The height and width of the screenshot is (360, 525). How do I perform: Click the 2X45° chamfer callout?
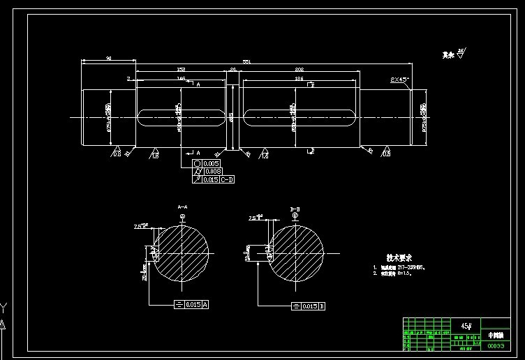pyautogui.click(x=399, y=80)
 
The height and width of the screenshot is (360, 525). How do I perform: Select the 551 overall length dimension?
pyautogui.click(x=246, y=62)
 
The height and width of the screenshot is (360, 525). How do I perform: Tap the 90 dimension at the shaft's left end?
pyautogui.click(x=109, y=59)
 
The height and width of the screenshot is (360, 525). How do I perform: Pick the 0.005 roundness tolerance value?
pyautogui.click(x=212, y=163)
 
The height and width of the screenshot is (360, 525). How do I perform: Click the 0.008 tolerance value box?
pyautogui.click(x=212, y=171)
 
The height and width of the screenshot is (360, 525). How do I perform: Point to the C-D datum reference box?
pyautogui.click(x=228, y=179)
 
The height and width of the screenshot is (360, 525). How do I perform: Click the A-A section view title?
pyautogui.click(x=182, y=207)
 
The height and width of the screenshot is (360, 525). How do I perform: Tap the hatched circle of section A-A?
pyautogui.click(x=181, y=253)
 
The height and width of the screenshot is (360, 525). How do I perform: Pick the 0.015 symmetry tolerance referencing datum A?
pyautogui.click(x=195, y=305)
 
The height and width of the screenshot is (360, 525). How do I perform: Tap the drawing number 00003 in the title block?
pyautogui.click(x=495, y=345)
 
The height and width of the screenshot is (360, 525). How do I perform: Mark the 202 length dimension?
pyautogui.click(x=299, y=70)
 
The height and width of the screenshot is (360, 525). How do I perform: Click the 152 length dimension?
pyautogui.click(x=181, y=70)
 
